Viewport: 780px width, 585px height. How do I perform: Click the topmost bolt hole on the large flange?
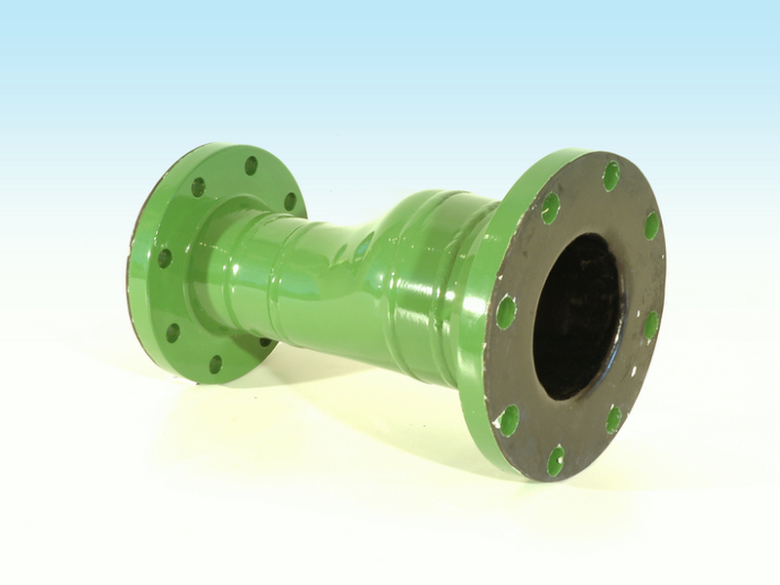(611, 175)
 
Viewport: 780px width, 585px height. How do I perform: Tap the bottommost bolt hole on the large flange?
(555, 459)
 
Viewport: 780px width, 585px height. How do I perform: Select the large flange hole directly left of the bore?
(506, 312)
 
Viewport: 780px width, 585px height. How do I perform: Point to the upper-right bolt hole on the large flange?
(651, 225)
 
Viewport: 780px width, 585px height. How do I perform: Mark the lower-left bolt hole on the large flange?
(509, 420)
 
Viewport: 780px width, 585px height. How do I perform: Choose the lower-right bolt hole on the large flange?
(613, 418)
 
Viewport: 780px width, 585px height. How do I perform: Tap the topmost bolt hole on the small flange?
(251, 166)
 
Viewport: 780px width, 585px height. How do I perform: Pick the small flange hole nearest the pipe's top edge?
(290, 201)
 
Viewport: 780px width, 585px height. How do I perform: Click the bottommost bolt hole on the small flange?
(215, 364)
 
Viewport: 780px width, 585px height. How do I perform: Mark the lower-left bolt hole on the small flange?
(173, 332)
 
